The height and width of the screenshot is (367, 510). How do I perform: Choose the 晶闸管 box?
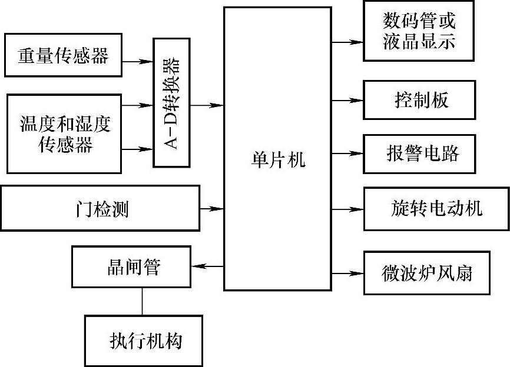(132, 267)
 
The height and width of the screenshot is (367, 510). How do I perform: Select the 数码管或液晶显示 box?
(419, 31)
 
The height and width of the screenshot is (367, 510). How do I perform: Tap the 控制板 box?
(419, 100)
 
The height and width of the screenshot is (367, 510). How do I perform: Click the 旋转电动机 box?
(436, 208)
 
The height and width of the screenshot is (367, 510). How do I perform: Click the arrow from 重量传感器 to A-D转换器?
(139, 60)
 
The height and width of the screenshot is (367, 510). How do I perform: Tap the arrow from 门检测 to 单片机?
(212, 208)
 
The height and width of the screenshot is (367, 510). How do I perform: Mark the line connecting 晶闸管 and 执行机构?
(142, 302)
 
